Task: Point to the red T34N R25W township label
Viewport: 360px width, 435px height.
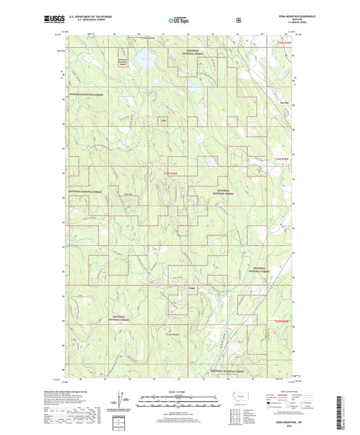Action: pyautogui.click(x=286, y=158)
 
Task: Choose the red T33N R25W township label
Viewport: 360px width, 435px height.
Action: pyautogui.click(x=286, y=321)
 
